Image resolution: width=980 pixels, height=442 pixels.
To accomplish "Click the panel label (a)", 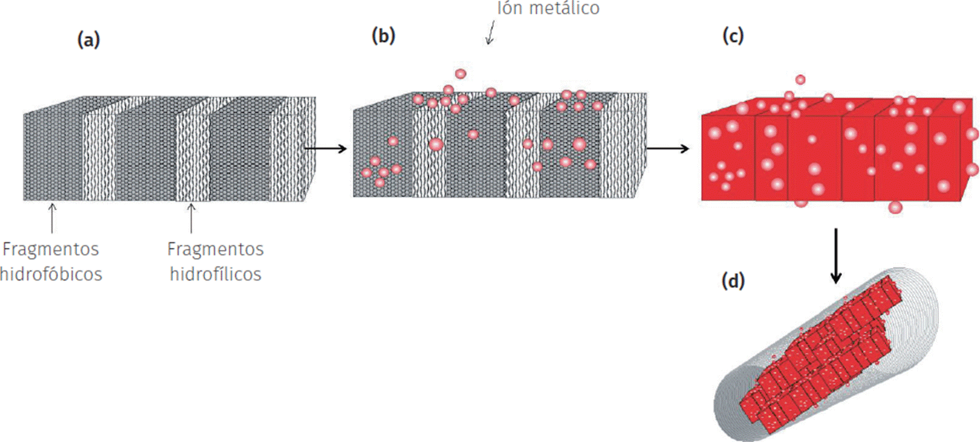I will click(x=88, y=40).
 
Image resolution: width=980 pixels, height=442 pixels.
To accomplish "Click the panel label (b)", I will click(x=383, y=36).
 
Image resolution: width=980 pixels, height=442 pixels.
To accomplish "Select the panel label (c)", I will click(x=733, y=36).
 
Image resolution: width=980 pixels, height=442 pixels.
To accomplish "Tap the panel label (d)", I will click(x=733, y=281).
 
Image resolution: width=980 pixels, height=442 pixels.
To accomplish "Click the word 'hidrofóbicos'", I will click(x=51, y=274).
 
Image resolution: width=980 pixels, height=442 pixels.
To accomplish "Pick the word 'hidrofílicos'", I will click(x=215, y=274).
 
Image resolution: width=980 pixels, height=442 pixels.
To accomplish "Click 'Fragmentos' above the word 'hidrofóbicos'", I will click(x=51, y=249).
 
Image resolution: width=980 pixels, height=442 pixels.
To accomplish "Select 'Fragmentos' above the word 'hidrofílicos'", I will click(x=215, y=249).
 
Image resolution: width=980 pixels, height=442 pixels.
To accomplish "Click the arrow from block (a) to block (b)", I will click(x=325, y=149).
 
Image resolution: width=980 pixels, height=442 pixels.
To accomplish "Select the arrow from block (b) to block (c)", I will click(x=667, y=149).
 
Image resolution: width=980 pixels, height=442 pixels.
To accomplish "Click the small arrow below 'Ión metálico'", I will click(x=490, y=33).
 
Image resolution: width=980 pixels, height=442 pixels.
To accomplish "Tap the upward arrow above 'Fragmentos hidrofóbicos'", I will click(x=52, y=217).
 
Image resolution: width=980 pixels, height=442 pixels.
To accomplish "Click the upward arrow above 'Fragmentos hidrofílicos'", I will click(x=191, y=217).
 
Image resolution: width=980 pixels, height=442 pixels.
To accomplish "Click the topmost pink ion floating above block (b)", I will click(x=460, y=74).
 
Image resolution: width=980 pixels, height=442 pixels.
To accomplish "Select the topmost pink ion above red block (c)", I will click(x=800, y=80).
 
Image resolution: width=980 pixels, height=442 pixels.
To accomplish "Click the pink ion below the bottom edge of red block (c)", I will click(x=895, y=207).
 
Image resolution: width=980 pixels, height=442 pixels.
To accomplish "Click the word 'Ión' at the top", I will click(x=509, y=8).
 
